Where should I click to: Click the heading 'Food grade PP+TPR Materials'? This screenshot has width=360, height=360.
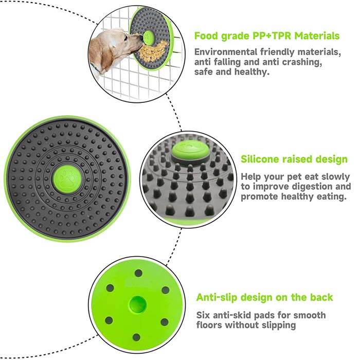(x=267, y=36)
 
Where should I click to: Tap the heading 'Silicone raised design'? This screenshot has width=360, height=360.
(x=294, y=159)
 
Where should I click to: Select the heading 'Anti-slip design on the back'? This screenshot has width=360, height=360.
(x=264, y=297)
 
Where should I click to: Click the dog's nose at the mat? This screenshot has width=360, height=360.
(x=139, y=43)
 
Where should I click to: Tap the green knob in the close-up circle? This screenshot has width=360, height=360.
(x=190, y=150)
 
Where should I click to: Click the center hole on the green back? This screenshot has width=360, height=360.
(x=137, y=304)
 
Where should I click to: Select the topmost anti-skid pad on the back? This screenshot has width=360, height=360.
(x=138, y=273)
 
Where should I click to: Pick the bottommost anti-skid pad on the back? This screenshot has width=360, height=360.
(x=136, y=337)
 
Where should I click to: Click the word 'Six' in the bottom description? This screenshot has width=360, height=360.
(x=203, y=315)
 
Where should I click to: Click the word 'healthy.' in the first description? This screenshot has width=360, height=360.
(x=251, y=72)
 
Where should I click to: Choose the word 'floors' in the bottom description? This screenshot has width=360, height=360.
(x=209, y=325)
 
